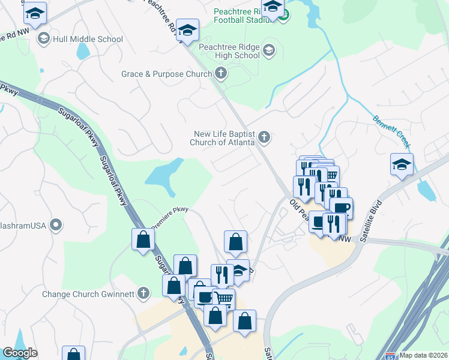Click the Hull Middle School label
[x=88, y=40]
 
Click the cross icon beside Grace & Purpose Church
[x=221, y=74]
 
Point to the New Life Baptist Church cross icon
[x=263, y=139]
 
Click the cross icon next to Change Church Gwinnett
[x=142, y=293]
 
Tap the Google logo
[x=20, y=353]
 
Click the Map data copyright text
[x=424, y=355]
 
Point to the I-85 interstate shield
[x=391, y=355]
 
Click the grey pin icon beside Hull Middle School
[x=43, y=40]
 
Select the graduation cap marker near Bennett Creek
[x=402, y=164]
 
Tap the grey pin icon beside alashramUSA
[x=56, y=226]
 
